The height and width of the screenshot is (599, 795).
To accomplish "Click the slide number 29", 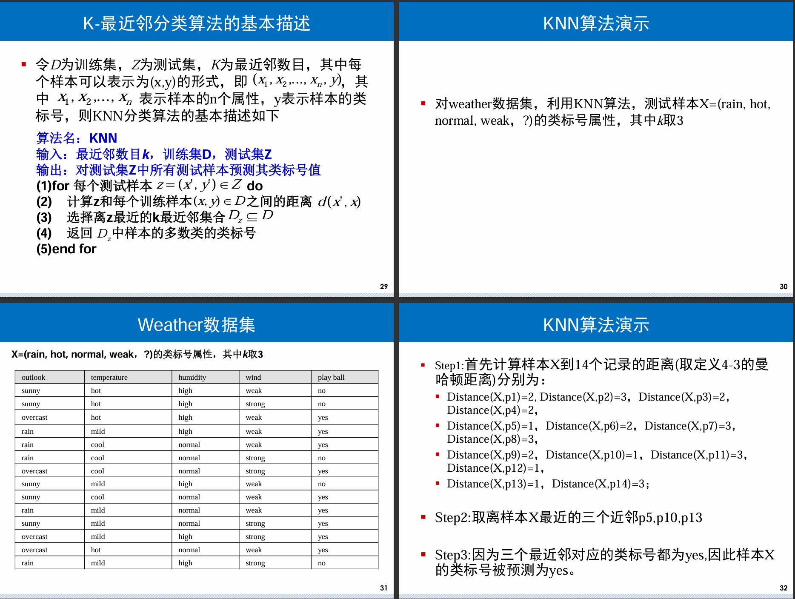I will (383, 287).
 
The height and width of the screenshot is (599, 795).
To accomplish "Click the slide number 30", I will (783, 287).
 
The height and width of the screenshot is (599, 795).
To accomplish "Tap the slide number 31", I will (383, 588).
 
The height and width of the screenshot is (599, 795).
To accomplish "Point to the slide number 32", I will (783, 588).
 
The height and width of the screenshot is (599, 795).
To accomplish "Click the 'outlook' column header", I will (33, 377).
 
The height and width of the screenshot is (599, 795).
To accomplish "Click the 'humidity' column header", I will (192, 377).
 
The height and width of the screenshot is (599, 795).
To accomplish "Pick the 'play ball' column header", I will (331, 377).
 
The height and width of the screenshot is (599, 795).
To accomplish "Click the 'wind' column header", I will (253, 377).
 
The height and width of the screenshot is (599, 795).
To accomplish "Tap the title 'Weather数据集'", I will (196, 325).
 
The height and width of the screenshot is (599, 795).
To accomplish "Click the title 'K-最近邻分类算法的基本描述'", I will (196, 23).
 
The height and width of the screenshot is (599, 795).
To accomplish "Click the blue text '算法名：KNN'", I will (77, 138).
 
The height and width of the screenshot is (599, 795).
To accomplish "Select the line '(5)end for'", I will (66, 249).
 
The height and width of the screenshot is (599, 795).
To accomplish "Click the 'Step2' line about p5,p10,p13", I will (568, 518).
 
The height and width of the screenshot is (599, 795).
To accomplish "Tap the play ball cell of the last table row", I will (321, 563).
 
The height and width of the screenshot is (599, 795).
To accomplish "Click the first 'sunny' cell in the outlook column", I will (31, 390).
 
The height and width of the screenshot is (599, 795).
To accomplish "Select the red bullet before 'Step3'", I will (423, 554).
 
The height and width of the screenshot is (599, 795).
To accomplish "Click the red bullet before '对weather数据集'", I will (423, 103).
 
